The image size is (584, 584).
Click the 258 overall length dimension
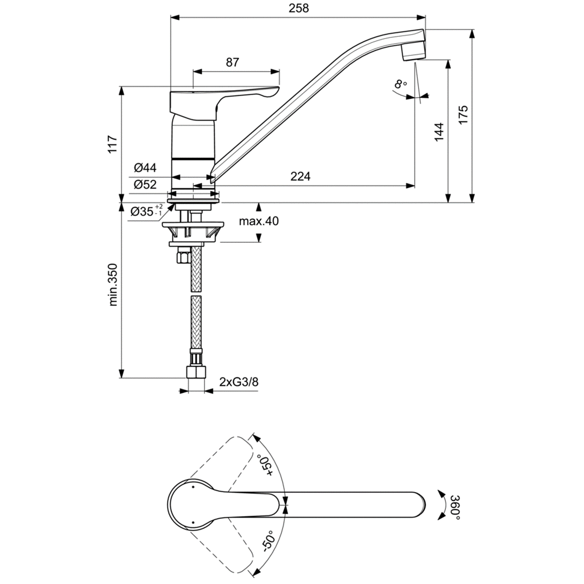point(298,8)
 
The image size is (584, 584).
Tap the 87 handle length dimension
point(232,62)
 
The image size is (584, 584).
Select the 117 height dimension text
point(113,144)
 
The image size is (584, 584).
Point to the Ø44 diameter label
point(146,168)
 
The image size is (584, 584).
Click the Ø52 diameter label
point(146,184)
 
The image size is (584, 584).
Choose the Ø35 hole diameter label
point(146,211)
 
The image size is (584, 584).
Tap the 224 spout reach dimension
point(300,176)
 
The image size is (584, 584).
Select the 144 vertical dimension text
point(439,132)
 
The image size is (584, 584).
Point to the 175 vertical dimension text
point(462,115)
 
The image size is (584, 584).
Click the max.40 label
point(259,221)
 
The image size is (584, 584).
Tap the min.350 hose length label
point(113,285)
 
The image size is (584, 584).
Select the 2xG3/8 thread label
point(239,382)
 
